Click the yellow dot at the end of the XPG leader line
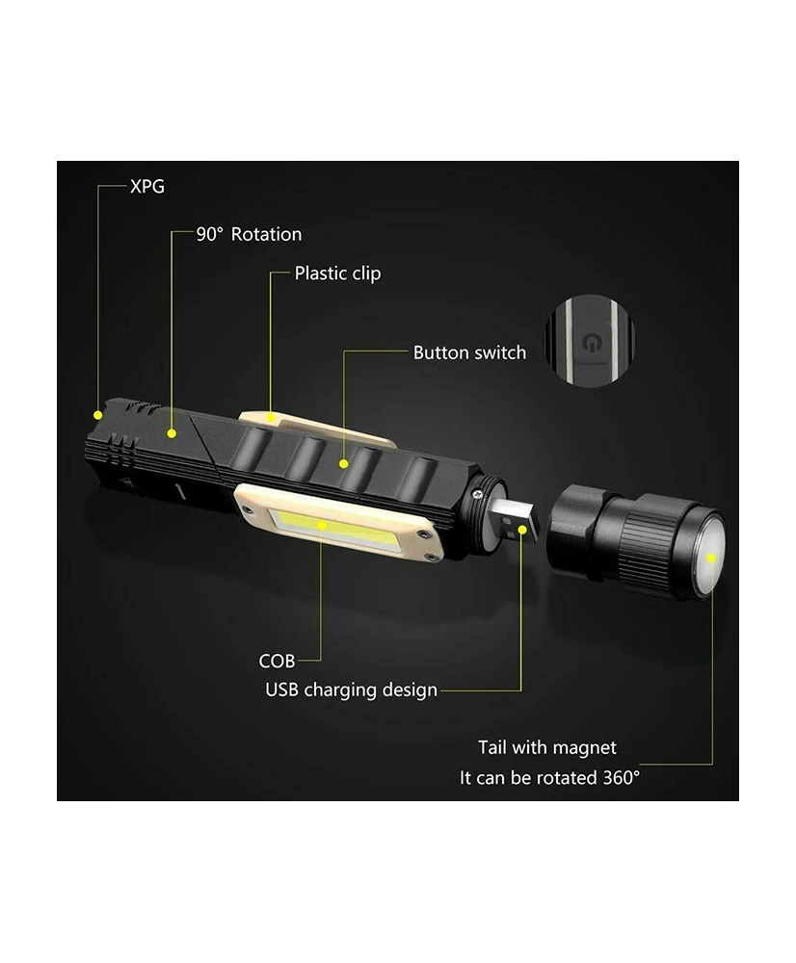click(x=97, y=415)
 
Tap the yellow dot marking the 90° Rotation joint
click(x=172, y=433)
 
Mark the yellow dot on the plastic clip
click(x=271, y=418)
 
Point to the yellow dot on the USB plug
click(x=522, y=530)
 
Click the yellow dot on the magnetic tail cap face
click(x=711, y=559)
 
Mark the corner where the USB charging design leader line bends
click(x=521, y=690)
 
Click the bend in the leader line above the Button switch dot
click(x=344, y=351)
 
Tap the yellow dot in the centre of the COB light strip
click(x=322, y=525)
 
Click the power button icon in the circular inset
click(x=591, y=343)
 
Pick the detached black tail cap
click(x=636, y=539)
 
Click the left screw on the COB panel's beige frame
click(x=247, y=508)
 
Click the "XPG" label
click(x=147, y=186)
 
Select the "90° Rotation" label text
click(x=249, y=234)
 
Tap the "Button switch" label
click(x=469, y=352)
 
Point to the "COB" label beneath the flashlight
click(x=277, y=661)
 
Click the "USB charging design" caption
click(x=351, y=690)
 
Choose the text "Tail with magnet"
click(x=547, y=747)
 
